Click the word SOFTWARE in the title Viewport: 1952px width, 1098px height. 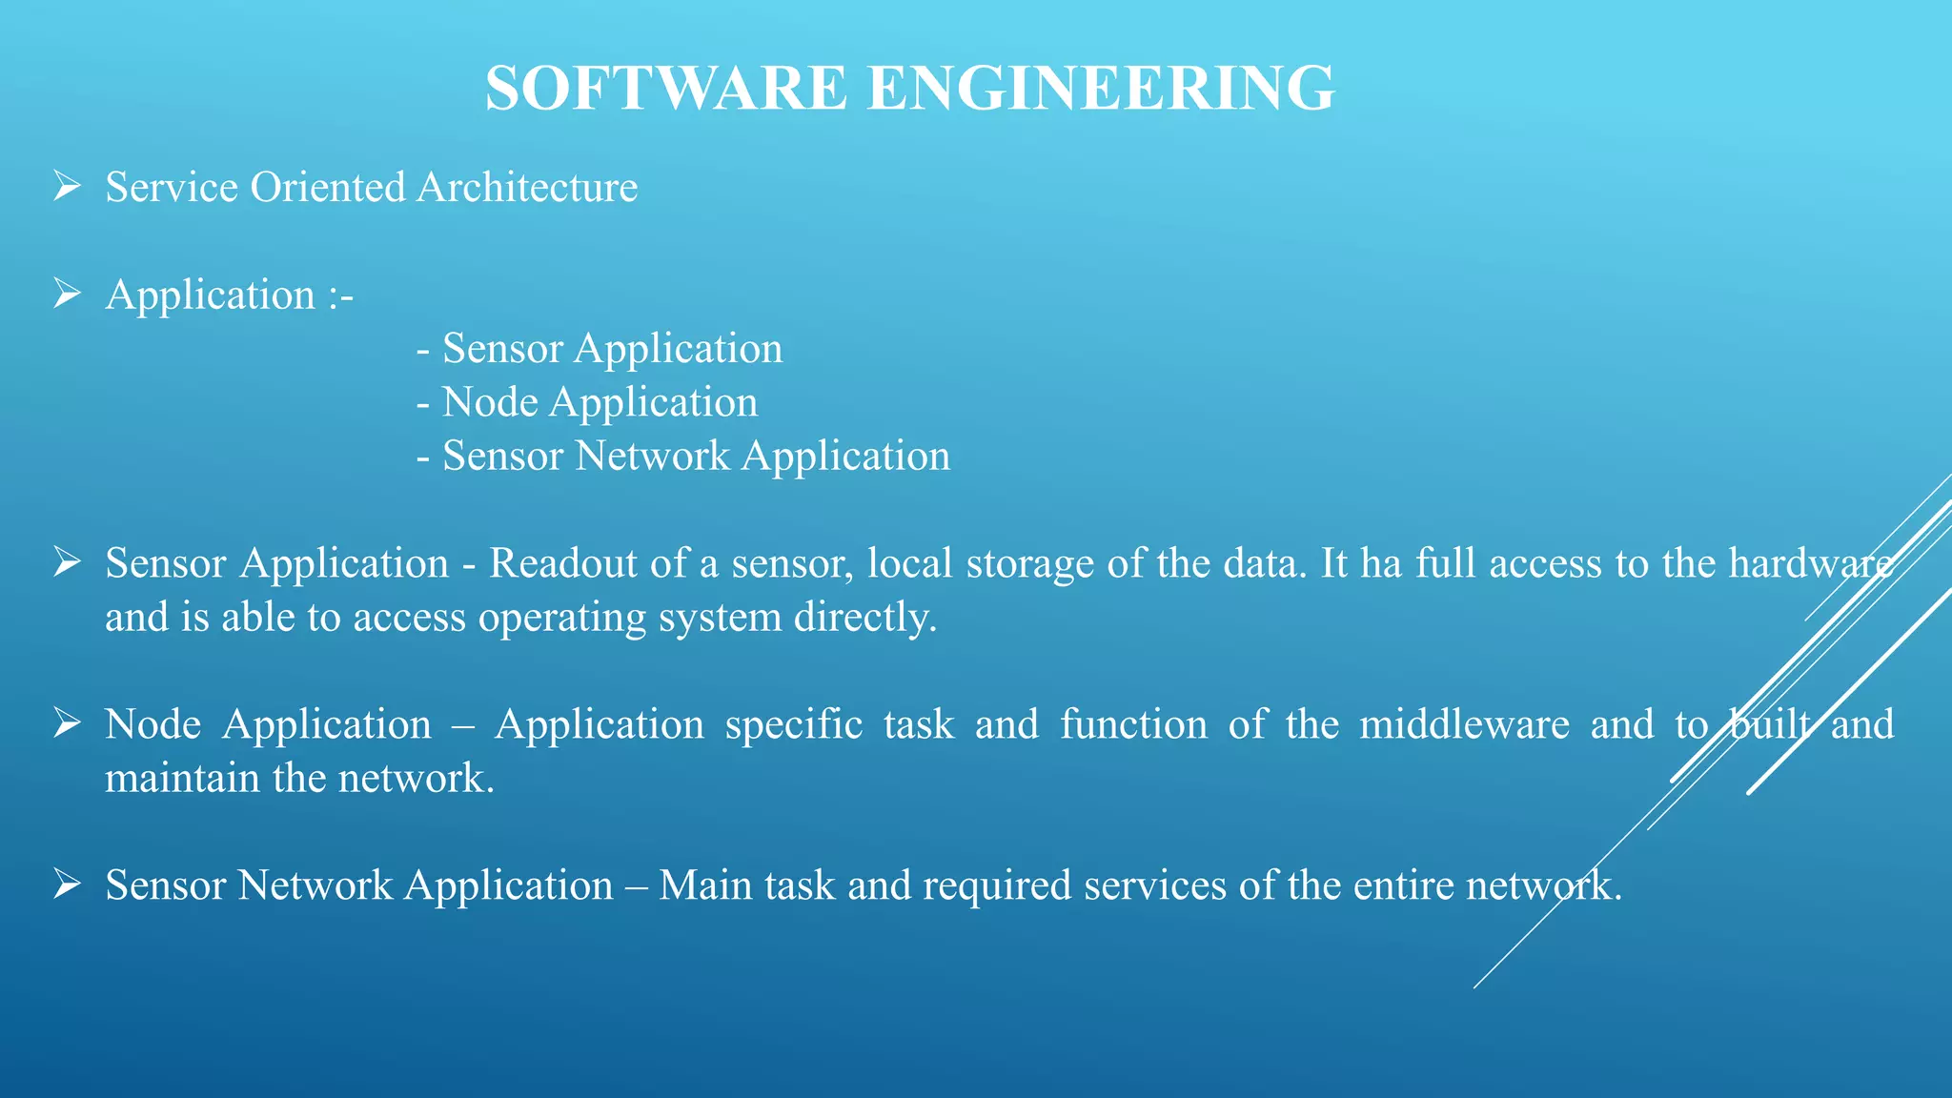[x=665, y=88]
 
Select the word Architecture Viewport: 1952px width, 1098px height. [x=527, y=187]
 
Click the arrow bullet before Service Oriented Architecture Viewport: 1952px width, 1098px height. [x=67, y=186]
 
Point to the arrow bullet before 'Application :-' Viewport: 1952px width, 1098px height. [x=67, y=294]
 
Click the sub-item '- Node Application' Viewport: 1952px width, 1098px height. [x=587, y=402]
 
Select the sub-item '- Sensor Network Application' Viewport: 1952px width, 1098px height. [x=683, y=456]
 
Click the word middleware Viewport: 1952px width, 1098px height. [x=1464, y=724]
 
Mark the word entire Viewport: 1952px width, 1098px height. [x=1403, y=885]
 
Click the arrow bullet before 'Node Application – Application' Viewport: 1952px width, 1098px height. [x=67, y=723]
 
